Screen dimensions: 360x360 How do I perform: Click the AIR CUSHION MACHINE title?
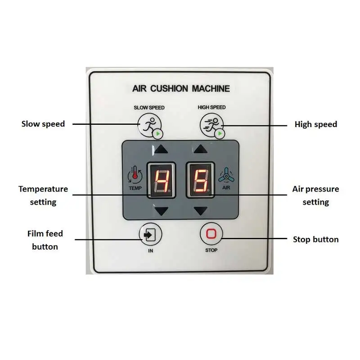pos(181,88)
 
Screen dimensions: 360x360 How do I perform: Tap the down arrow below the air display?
pos(201,210)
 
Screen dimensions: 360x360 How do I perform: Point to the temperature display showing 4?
pos(161,180)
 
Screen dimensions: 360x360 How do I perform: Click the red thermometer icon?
pos(134,174)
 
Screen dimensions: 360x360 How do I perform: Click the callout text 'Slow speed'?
pos(43,124)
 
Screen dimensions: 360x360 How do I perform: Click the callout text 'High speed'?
pos(315,124)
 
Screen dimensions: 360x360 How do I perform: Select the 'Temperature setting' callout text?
pos(43,195)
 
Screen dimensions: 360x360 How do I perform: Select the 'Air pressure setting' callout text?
pos(315,195)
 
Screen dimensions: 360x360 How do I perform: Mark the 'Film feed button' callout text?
pos(45,240)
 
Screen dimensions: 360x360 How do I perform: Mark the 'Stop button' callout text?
pos(315,239)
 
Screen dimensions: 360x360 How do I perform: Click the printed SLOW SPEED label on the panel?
pos(149,108)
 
